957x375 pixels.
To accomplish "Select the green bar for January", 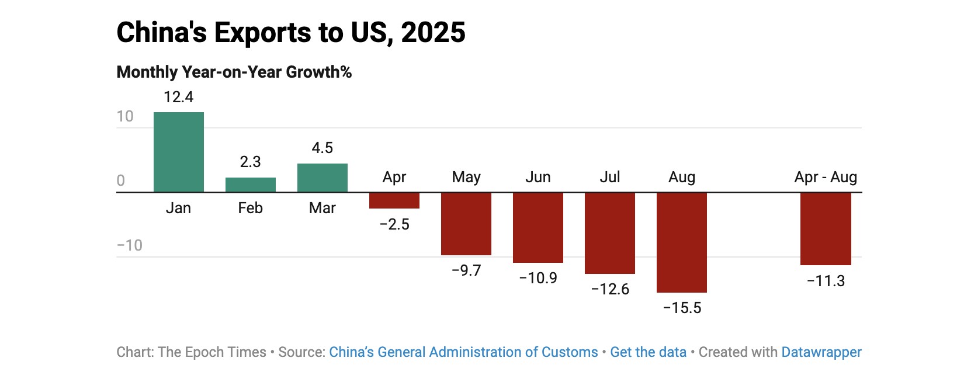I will click(x=178, y=152).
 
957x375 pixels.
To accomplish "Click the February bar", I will click(x=250, y=185).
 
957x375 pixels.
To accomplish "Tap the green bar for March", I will click(x=322, y=178).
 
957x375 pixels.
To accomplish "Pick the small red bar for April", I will click(x=394, y=200).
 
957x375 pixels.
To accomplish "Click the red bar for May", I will click(x=466, y=224).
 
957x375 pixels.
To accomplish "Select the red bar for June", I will click(x=538, y=227).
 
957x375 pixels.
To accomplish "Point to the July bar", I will click(x=609, y=233).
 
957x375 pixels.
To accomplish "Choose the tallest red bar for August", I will click(x=681, y=242).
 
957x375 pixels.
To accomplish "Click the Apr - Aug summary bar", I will click(x=825, y=228).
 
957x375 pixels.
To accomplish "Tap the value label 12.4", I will click(x=178, y=97).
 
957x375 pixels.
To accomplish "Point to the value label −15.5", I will click(x=682, y=308).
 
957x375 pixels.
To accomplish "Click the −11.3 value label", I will click(x=826, y=281).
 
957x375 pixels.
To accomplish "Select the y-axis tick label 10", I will click(x=125, y=116).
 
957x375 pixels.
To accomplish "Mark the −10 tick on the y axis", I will click(x=129, y=245).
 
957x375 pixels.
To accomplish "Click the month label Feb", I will click(x=250, y=208).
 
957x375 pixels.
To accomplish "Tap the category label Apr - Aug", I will click(x=825, y=177).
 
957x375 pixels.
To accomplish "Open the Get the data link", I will click(x=648, y=352).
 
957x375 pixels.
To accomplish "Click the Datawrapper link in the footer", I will click(x=821, y=352).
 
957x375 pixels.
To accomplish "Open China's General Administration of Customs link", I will click(x=463, y=352).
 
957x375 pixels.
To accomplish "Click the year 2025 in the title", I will click(x=433, y=32).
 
